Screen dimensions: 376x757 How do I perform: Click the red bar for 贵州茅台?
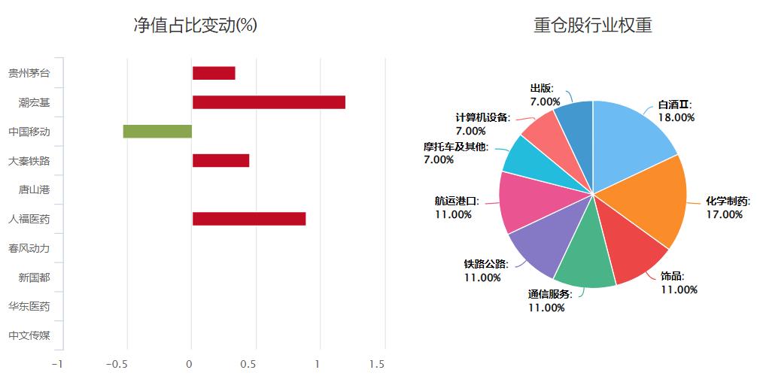click(x=214, y=73)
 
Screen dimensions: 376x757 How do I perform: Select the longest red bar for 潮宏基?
click(x=269, y=102)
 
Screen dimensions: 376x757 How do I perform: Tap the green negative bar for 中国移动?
click(x=157, y=132)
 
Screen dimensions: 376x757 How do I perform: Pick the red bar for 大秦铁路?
click(x=220, y=160)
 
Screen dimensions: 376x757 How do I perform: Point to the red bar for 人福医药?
click(x=249, y=219)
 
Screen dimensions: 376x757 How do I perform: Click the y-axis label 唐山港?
click(x=34, y=190)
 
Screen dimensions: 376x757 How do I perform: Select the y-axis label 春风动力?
click(x=29, y=248)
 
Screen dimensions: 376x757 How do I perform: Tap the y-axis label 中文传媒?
click(x=29, y=335)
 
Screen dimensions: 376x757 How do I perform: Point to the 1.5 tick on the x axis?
click(x=377, y=364)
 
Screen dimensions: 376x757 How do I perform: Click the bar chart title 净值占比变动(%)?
click(x=196, y=26)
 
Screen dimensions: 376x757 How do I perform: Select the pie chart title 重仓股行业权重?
click(x=593, y=26)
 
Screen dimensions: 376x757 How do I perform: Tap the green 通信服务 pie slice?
click(x=587, y=259)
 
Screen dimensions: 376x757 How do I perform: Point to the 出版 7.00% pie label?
click(x=545, y=95)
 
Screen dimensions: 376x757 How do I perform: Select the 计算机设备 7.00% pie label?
click(x=482, y=124)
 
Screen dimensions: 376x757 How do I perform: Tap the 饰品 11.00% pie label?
click(x=679, y=283)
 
